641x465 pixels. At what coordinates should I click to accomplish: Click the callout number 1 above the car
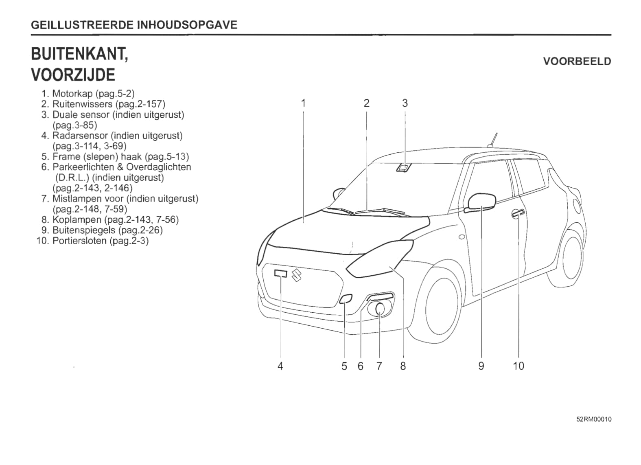pyautogui.click(x=303, y=103)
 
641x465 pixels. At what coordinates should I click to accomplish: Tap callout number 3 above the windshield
pyautogui.click(x=405, y=103)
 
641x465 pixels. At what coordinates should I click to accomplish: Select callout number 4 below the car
pyautogui.click(x=280, y=366)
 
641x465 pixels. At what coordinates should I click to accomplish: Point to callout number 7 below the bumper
pyautogui.click(x=379, y=366)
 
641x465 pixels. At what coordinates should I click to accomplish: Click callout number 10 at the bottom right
pyautogui.click(x=518, y=366)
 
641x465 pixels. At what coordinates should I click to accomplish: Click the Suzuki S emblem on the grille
pyautogui.click(x=296, y=275)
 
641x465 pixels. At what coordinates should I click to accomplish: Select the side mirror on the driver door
pyautogui.click(x=482, y=202)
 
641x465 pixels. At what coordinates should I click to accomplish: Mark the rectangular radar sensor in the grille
pyautogui.click(x=280, y=273)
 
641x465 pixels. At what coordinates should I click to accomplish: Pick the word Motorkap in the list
pyautogui.click(x=72, y=94)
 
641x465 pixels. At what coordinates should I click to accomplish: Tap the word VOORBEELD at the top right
pyautogui.click(x=577, y=61)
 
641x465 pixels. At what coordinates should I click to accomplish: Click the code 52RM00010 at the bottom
pyautogui.click(x=593, y=419)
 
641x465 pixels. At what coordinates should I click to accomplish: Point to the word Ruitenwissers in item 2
pyautogui.click(x=82, y=104)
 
